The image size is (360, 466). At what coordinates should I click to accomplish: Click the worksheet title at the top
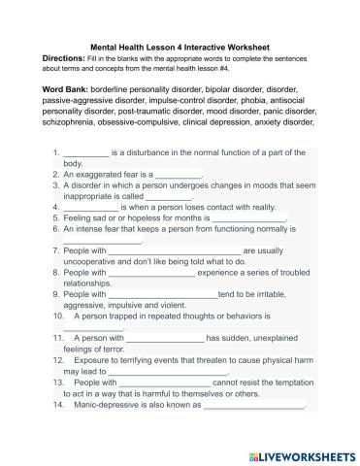point(180,46)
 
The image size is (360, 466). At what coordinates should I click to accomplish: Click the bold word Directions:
point(68,57)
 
